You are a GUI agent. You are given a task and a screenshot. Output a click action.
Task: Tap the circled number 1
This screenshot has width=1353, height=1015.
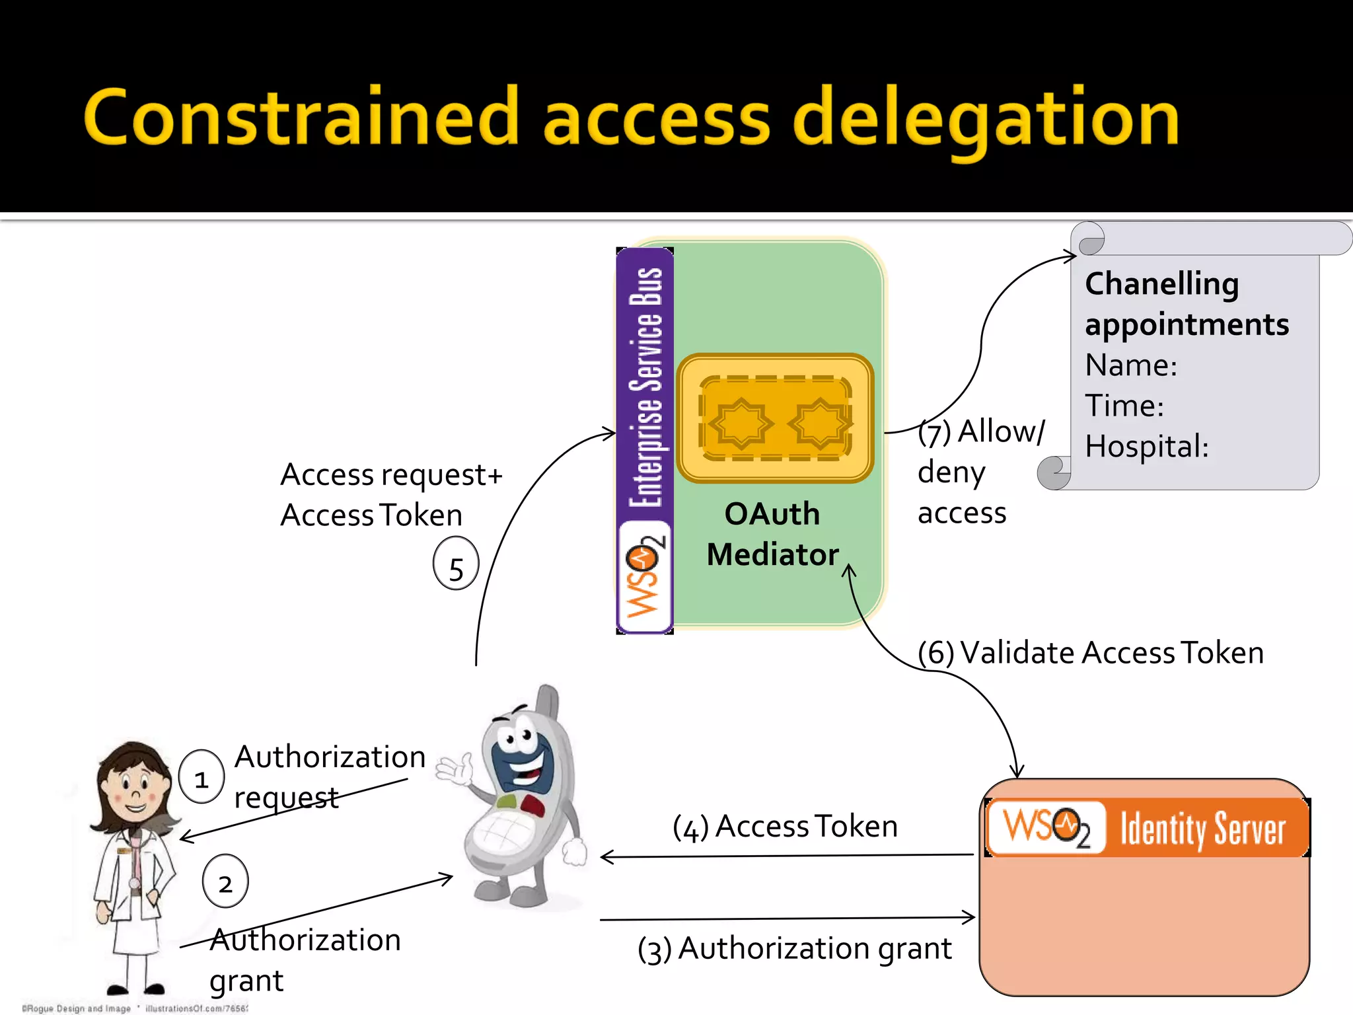[x=201, y=778]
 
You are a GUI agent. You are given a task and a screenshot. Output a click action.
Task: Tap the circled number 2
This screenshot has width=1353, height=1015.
[x=225, y=882]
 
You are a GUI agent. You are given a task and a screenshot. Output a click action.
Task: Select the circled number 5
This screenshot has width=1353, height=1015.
[x=456, y=566]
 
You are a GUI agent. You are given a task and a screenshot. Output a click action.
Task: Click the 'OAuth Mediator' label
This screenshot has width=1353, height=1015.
[x=772, y=534]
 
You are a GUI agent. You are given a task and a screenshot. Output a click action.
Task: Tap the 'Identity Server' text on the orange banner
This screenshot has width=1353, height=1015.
[x=1202, y=829]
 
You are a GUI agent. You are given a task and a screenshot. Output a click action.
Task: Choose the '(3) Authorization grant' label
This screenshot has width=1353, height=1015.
[x=794, y=949]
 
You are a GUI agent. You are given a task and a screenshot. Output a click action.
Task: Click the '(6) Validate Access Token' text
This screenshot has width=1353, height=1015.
[x=1090, y=653]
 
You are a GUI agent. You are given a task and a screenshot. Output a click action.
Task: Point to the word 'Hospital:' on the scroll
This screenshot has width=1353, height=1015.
[x=1146, y=447]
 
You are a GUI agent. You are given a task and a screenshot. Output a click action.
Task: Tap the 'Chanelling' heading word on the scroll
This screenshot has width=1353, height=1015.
[x=1161, y=284]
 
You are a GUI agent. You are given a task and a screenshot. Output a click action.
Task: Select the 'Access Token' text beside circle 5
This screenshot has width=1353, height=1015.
[x=371, y=515]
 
